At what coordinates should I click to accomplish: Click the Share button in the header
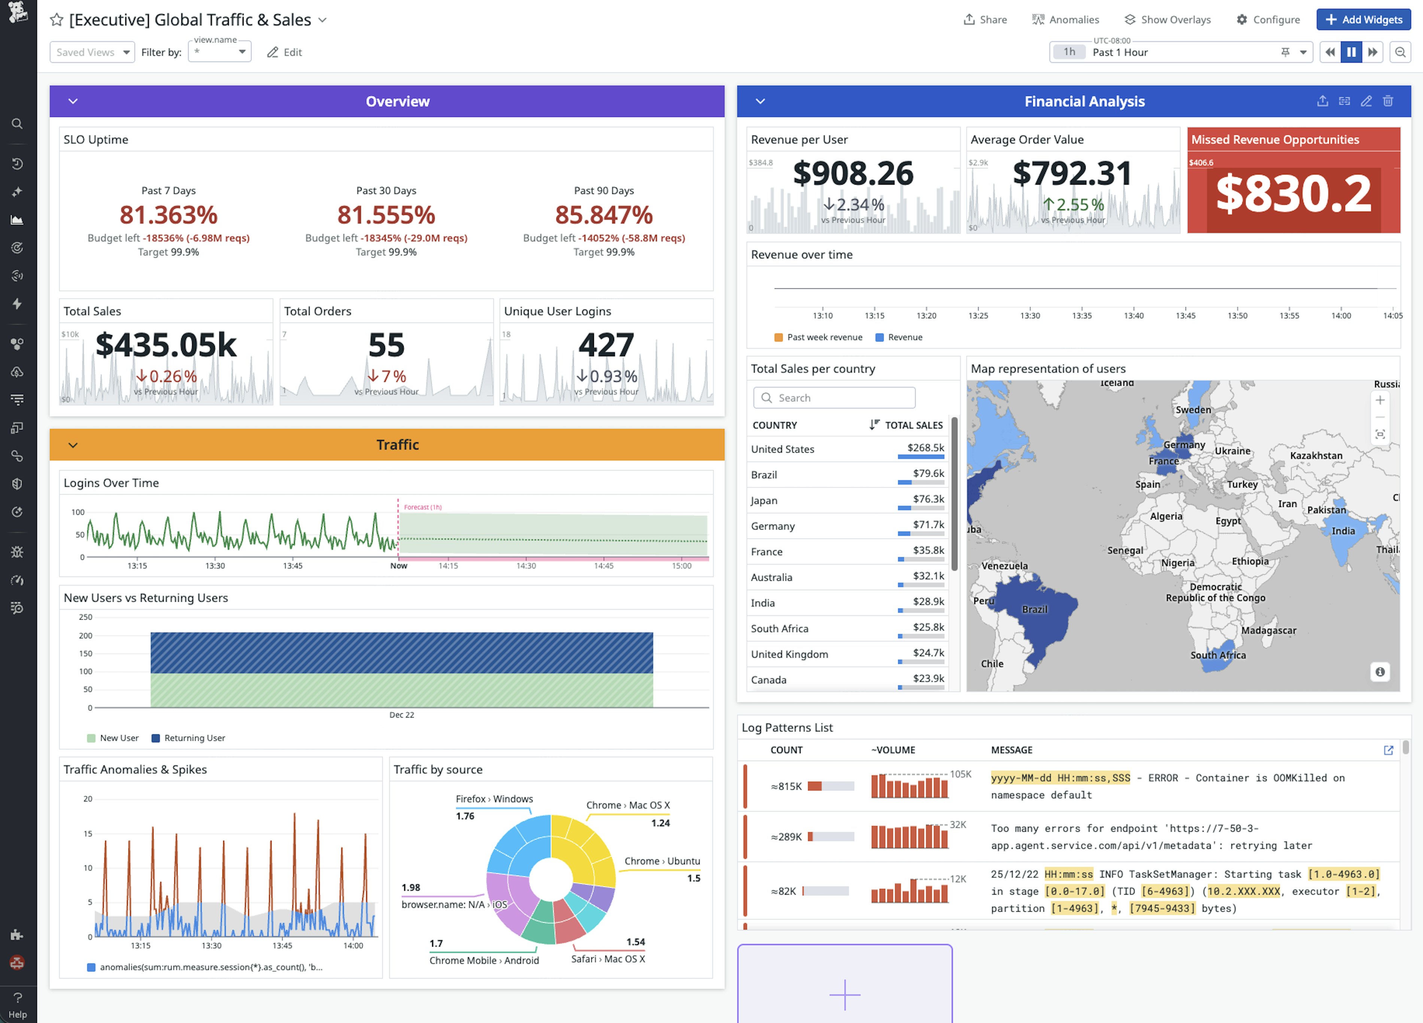click(x=985, y=19)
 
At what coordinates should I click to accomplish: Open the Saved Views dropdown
click(x=92, y=52)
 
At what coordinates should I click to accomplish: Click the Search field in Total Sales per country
click(x=834, y=398)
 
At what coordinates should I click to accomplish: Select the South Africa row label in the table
click(x=779, y=628)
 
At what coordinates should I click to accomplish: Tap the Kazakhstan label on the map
click(x=1316, y=455)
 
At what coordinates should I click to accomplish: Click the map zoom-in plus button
click(x=1380, y=400)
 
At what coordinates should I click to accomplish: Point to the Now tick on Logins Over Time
click(x=398, y=566)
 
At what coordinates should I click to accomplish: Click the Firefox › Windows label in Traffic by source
click(x=494, y=798)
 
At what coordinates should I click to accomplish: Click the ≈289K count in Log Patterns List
click(x=786, y=837)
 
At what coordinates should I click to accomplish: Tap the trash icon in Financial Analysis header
click(x=1388, y=101)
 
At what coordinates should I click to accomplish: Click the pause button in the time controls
click(x=1351, y=52)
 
